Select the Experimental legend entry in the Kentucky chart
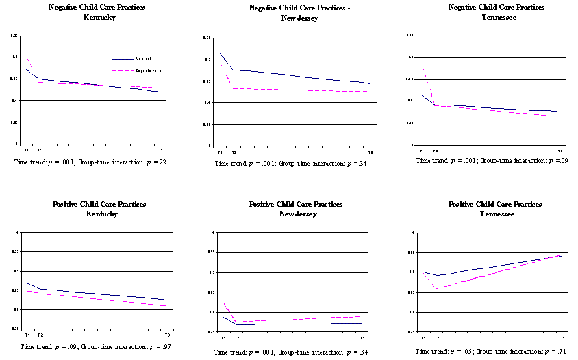point(150,71)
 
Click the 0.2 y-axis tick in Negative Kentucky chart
point(14,57)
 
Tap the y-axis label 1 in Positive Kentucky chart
point(16,233)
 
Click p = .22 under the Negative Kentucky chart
point(155,162)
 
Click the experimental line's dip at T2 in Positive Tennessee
point(436,288)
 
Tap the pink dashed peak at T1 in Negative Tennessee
point(423,66)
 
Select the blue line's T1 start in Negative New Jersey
point(221,53)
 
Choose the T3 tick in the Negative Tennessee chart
point(560,151)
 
